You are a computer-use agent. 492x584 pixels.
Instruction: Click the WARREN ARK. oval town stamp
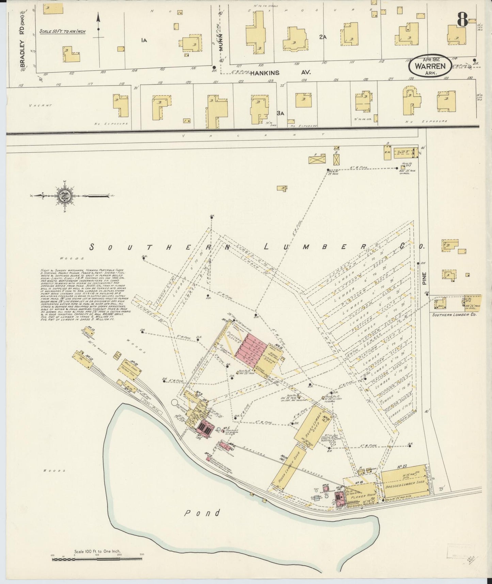(429, 66)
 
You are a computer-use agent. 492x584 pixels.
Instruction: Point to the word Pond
(202, 513)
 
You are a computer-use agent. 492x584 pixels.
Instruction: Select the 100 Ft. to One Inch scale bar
(98, 559)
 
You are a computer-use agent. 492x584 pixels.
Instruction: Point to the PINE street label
(425, 278)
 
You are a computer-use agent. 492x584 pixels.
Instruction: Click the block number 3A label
(280, 113)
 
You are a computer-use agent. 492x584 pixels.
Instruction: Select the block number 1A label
(144, 40)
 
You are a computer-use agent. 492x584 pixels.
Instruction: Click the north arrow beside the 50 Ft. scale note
(98, 27)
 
